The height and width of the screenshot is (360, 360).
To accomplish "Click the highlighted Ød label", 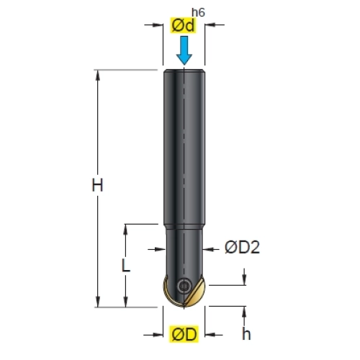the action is pyautogui.click(x=183, y=25).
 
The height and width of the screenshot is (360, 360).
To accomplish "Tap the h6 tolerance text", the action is pyautogui.click(x=198, y=12).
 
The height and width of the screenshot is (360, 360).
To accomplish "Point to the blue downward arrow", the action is pyautogui.click(x=184, y=50).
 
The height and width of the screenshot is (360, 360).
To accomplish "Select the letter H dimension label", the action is pyautogui.click(x=97, y=185).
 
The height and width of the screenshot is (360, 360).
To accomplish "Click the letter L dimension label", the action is pyautogui.click(x=126, y=266).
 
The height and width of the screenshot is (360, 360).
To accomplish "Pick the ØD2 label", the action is pyautogui.click(x=242, y=247).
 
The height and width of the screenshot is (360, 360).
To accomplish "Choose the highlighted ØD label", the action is pyautogui.click(x=184, y=334).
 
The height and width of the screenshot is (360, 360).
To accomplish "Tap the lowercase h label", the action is pyautogui.click(x=246, y=333).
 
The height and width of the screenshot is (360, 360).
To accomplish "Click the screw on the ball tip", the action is pyautogui.click(x=184, y=286).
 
